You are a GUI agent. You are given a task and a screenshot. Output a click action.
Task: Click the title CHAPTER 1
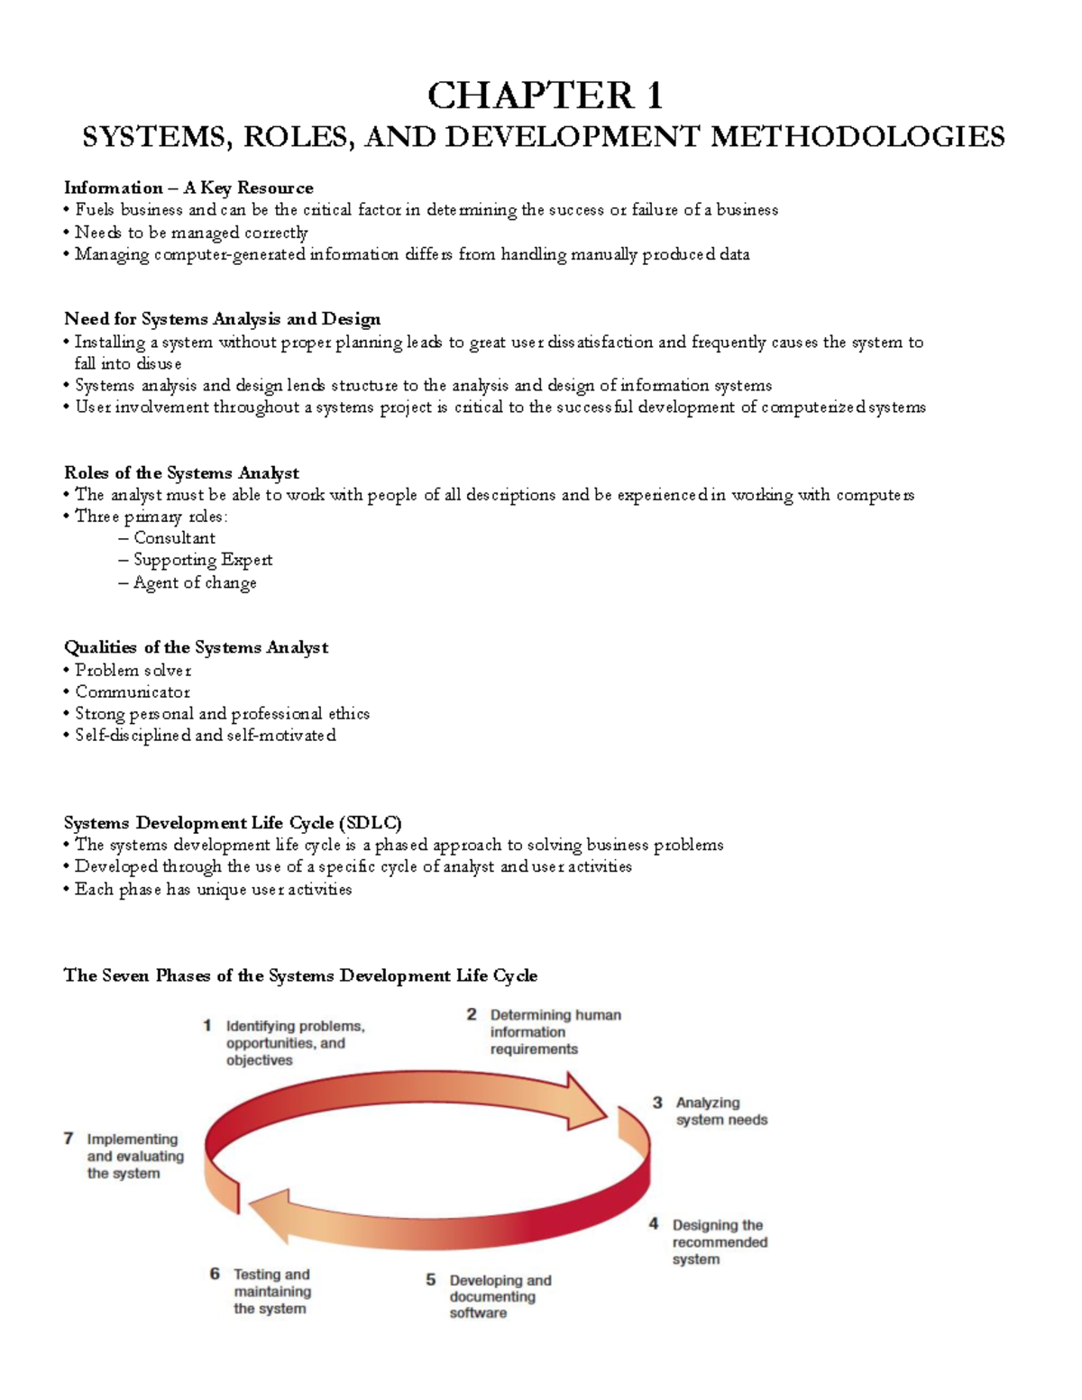(x=545, y=95)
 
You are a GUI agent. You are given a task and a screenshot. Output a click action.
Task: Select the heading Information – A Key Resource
(x=188, y=188)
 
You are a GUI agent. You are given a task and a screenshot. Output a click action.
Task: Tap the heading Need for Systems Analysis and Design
(x=222, y=318)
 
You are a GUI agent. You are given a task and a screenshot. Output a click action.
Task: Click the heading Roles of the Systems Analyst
(x=181, y=472)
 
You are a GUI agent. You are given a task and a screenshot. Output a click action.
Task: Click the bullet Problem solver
(x=133, y=670)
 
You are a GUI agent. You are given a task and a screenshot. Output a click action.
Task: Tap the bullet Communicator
(x=133, y=691)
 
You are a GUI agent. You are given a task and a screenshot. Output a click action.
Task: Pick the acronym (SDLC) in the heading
(x=370, y=822)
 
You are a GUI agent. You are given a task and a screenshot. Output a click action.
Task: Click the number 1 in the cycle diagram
(x=207, y=1025)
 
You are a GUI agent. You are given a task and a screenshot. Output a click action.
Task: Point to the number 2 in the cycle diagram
(x=472, y=1014)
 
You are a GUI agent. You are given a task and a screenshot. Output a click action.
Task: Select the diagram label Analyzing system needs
(x=721, y=1111)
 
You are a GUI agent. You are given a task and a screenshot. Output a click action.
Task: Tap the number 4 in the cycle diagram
(x=654, y=1224)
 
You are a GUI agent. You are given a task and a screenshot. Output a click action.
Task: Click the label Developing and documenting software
(x=500, y=1296)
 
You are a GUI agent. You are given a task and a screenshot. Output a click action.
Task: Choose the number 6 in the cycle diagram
(x=215, y=1274)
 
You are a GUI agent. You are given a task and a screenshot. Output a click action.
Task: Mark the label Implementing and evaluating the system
(x=135, y=1156)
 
